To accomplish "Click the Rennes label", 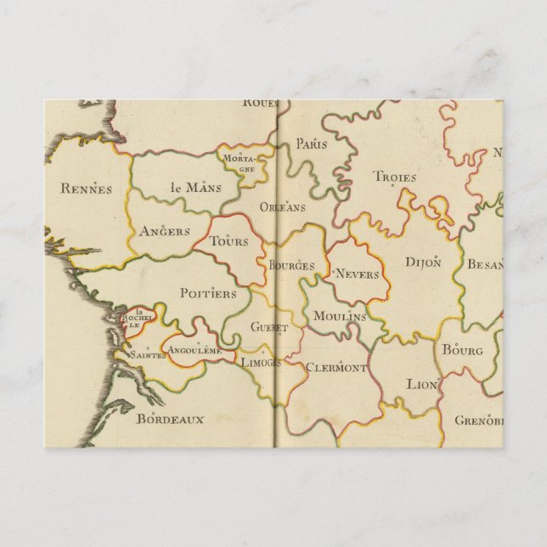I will (x=87, y=189).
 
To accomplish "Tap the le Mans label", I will (x=189, y=187).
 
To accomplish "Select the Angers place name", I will (x=165, y=231).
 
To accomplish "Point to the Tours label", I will (x=228, y=241).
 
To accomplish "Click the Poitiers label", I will (x=208, y=293).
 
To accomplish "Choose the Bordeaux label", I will (x=171, y=419).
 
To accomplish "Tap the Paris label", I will (x=312, y=144).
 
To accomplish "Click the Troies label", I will (x=395, y=178).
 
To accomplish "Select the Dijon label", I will (x=423, y=262).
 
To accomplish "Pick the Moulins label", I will (x=339, y=316).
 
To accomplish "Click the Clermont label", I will (x=336, y=368).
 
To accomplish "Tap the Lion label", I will (x=421, y=385).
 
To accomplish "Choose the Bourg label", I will (x=462, y=350).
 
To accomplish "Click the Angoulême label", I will (x=195, y=350).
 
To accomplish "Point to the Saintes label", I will (x=147, y=354).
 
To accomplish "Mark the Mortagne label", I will (x=241, y=162).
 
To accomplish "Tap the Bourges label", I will (x=291, y=266).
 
